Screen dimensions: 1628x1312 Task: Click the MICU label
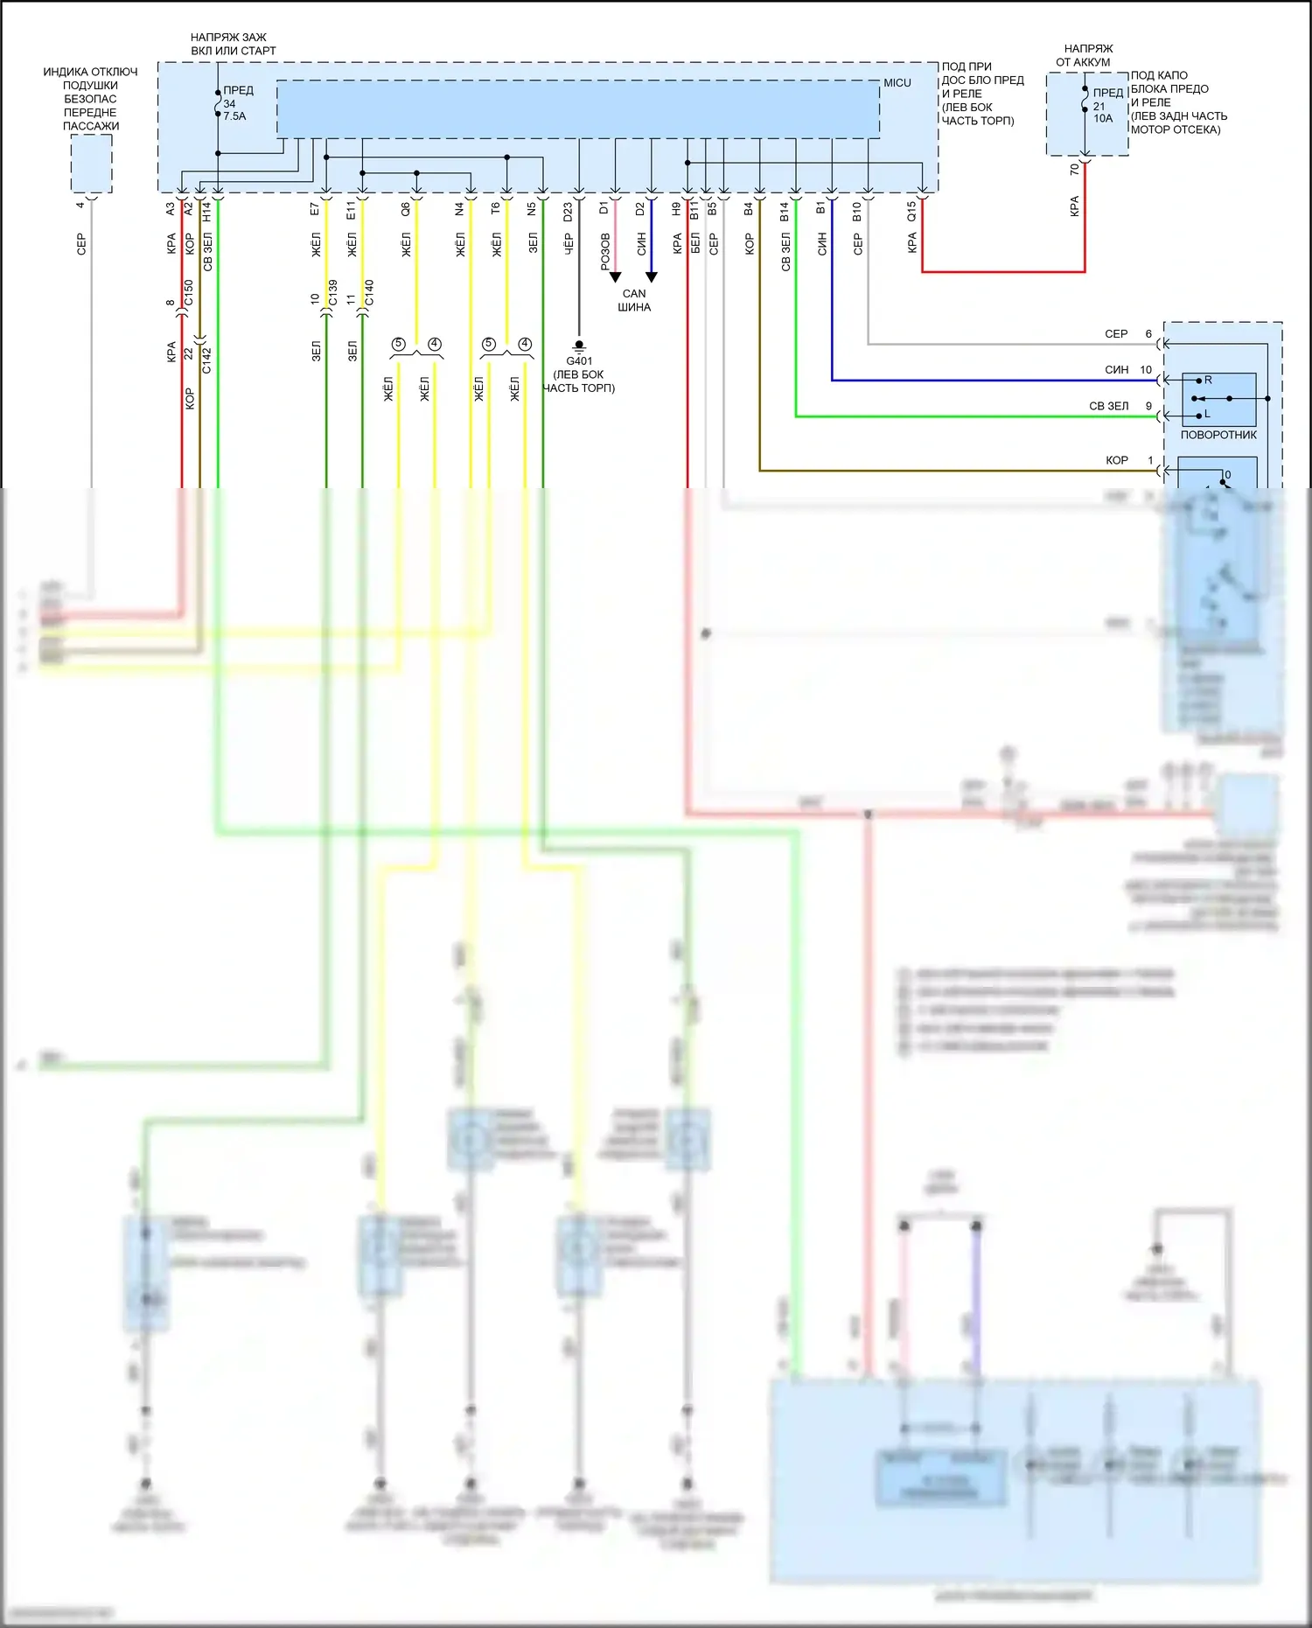[x=897, y=83]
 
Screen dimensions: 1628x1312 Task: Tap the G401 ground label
[x=579, y=361]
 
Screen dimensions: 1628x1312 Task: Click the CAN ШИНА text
[x=634, y=300]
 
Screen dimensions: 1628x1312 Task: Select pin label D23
[x=568, y=212]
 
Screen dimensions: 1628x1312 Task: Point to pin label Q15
[x=911, y=211]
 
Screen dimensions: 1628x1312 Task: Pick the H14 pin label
[x=207, y=212]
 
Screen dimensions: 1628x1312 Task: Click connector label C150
[x=188, y=293]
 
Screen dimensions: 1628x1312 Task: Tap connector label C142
[x=206, y=360]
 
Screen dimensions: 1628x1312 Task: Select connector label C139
[x=332, y=293]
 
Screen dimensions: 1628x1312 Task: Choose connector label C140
[x=369, y=293]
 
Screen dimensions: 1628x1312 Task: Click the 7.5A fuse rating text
[x=234, y=116]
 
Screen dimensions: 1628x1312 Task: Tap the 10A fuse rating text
[x=1103, y=119]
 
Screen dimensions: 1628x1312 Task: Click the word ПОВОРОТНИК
[x=1218, y=435]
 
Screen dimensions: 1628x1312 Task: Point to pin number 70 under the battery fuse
[x=1075, y=170]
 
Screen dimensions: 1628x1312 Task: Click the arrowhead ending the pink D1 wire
[x=615, y=277]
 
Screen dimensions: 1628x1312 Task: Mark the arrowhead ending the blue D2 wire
[x=652, y=277]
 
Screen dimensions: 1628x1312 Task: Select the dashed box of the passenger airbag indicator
[x=91, y=164]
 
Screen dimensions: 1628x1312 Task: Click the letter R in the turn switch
[x=1208, y=381]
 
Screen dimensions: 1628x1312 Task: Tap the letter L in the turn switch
[x=1207, y=415]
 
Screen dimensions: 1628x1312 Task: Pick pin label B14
[x=785, y=211]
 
